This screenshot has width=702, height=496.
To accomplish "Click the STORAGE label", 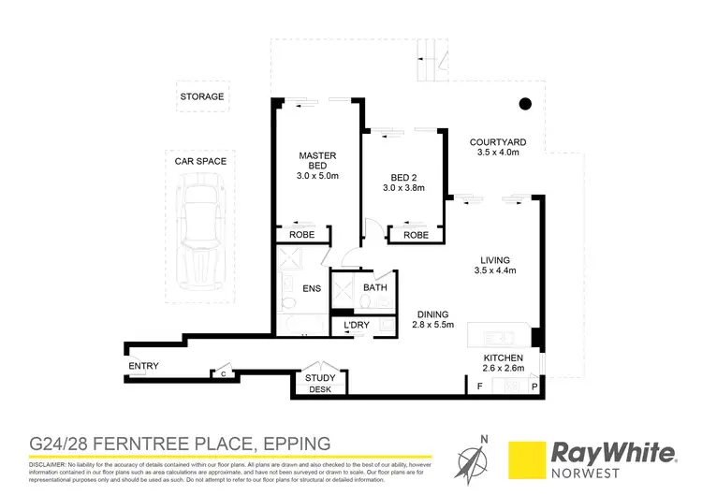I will (x=202, y=96).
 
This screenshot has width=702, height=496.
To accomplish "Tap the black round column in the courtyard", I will (x=526, y=103).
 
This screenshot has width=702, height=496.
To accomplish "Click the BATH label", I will (x=375, y=287).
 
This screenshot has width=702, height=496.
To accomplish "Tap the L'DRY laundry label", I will (x=357, y=326).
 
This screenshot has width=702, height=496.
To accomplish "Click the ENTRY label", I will (x=144, y=366).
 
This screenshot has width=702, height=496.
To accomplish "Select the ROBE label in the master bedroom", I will (x=302, y=236).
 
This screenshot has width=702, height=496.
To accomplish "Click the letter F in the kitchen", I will (x=480, y=386).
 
